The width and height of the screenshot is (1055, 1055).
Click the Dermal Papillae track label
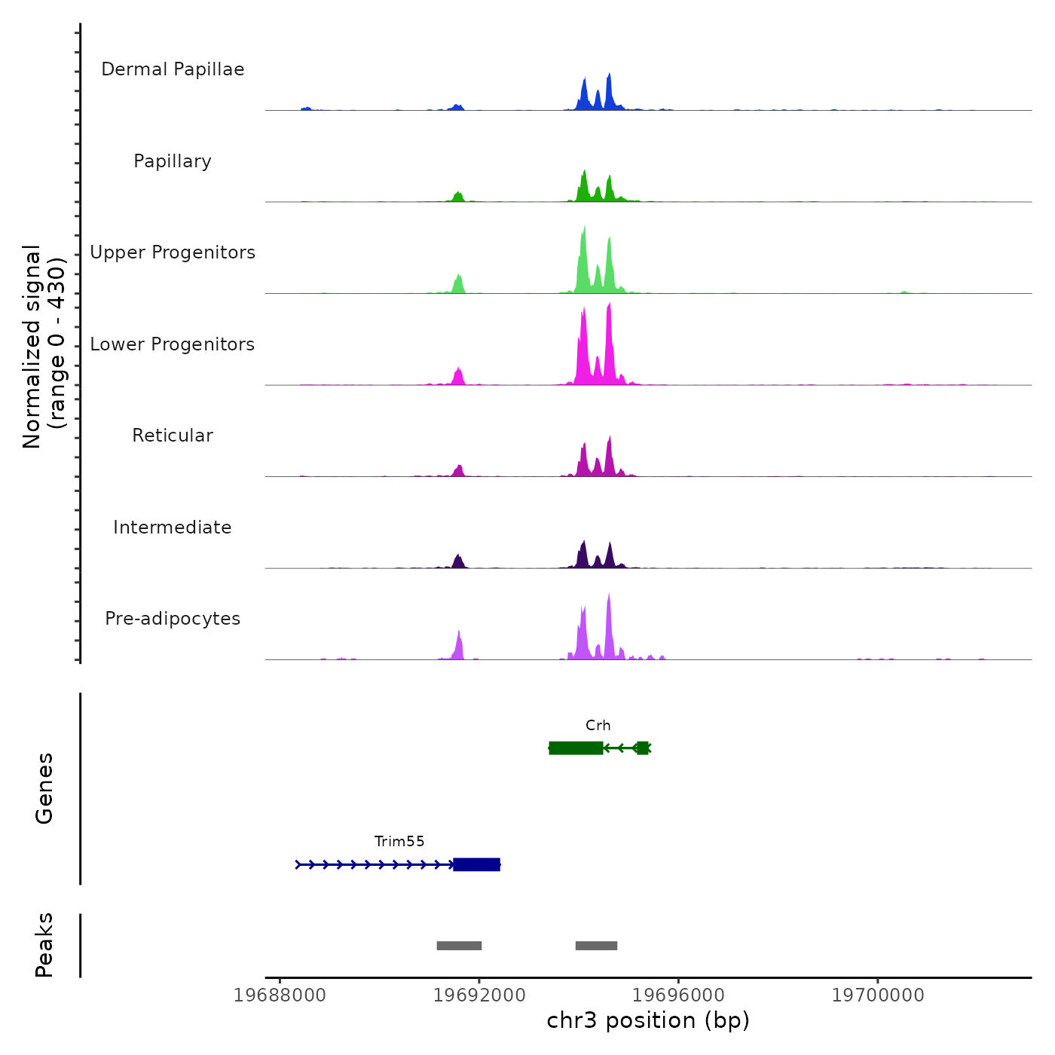(173, 69)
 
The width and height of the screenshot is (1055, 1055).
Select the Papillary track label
(173, 161)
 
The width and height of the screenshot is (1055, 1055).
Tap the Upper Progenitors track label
(173, 252)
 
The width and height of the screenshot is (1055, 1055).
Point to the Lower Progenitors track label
(173, 344)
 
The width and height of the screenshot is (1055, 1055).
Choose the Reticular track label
(173, 436)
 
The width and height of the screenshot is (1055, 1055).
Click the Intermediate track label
(173, 527)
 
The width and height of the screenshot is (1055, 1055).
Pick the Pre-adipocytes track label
(173, 619)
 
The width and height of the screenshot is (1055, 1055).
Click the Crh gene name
(598, 726)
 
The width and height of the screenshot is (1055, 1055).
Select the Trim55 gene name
(399, 842)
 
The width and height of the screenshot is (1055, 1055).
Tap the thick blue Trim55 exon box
(476, 864)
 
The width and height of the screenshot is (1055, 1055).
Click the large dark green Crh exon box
(576, 748)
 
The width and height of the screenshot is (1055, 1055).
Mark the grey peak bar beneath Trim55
(459, 946)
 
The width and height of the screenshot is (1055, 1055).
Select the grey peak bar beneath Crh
(596, 946)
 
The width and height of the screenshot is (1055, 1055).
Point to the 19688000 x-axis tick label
(280, 995)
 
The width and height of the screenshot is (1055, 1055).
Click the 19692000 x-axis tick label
(479, 995)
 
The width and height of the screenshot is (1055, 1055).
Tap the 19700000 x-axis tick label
(878, 995)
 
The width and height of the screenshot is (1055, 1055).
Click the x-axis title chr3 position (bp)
(648, 1021)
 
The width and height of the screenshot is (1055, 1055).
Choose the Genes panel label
(44, 787)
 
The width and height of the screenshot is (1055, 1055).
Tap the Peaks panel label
(44, 945)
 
